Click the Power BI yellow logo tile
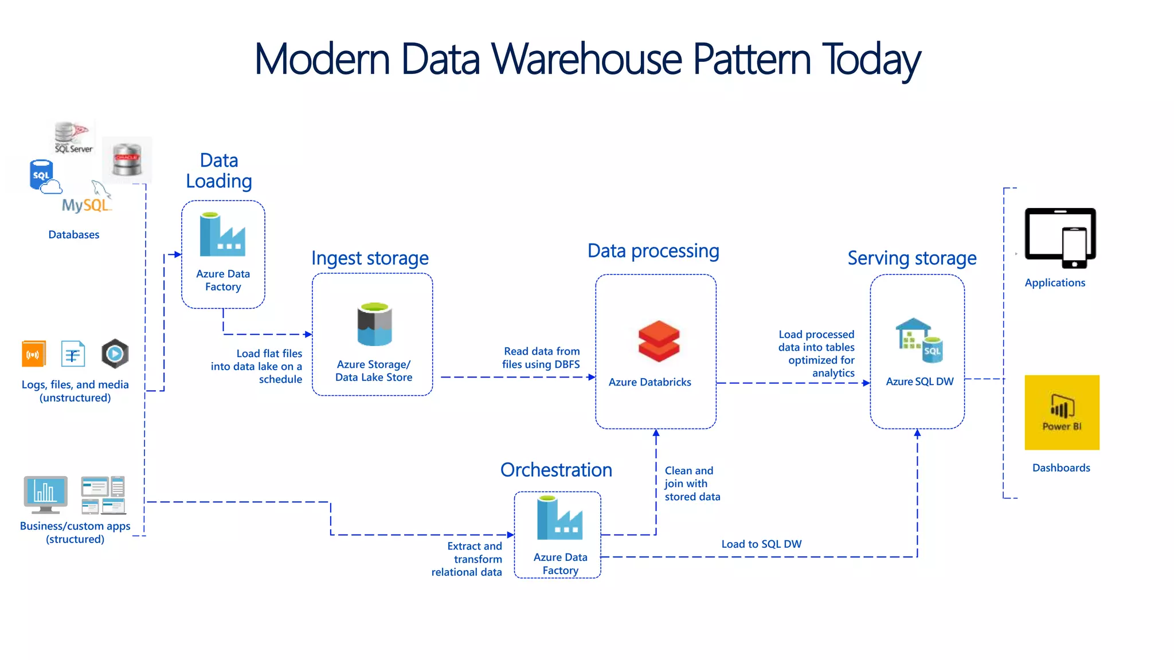(1062, 412)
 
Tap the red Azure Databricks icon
(659, 341)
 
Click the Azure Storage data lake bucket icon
(374, 324)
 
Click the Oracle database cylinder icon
(127, 160)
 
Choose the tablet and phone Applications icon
(1060, 238)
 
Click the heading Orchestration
(556, 470)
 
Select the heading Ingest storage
(370, 258)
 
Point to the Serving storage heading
(911, 258)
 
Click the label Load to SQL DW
(761, 544)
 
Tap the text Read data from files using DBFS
(541, 357)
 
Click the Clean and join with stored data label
(691, 484)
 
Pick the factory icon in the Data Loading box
(222, 234)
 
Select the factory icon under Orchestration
(559, 518)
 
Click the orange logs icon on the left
(33, 354)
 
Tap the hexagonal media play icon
(115, 353)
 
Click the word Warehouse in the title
(587, 59)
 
